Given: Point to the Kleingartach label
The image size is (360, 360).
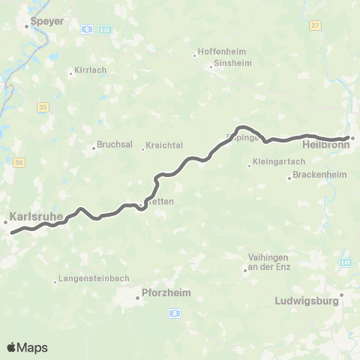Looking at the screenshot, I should tap(277, 161).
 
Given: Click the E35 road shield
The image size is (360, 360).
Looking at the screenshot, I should tap(106, 29).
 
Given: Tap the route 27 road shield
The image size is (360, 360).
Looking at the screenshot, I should tap(314, 25).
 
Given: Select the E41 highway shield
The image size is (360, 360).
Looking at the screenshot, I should tap(345, 262).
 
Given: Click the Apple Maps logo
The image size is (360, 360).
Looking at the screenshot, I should tap(27, 347).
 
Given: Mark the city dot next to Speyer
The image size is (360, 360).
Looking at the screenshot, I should tap(27, 27).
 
